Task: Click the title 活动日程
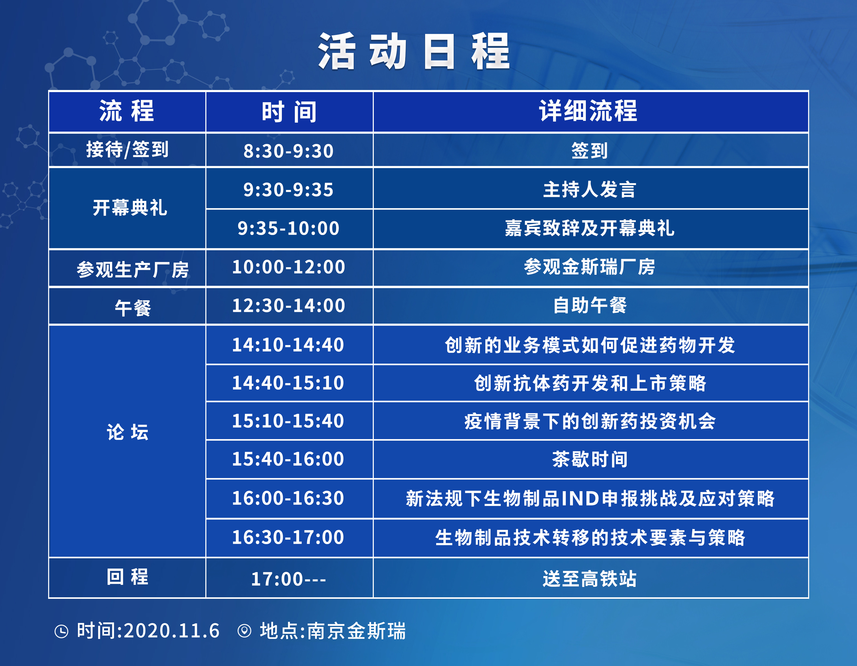tap(414, 51)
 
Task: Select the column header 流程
tap(127, 111)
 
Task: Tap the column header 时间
tap(289, 112)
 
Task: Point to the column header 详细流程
tap(588, 111)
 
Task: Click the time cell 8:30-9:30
tap(288, 151)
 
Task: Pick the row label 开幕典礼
tap(130, 208)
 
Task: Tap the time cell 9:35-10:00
tap(288, 228)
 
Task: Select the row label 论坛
tap(128, 432)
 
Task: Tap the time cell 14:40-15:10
tap(288, 383)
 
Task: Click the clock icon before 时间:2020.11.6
tap(61, 631)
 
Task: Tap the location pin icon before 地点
tap(245, 631)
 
